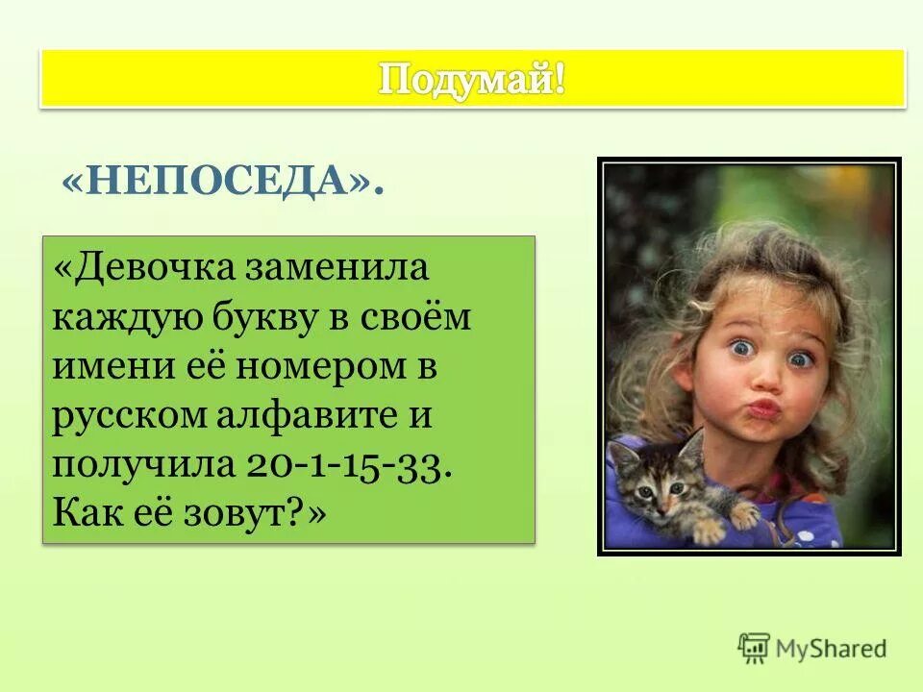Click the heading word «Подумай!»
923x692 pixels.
coord(471,79)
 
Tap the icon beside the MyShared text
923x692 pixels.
coord(755,649)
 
